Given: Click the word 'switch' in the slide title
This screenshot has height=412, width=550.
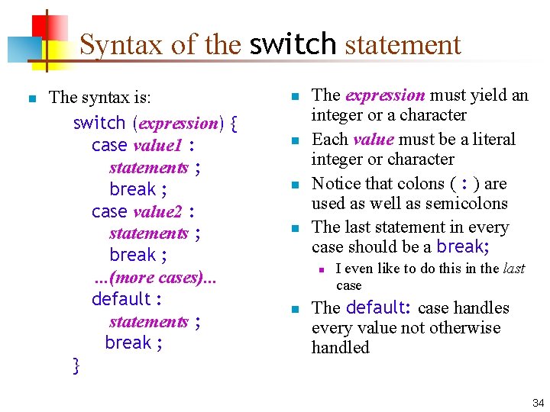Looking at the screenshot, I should point(293,44).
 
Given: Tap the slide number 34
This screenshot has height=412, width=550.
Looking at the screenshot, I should point(538,402).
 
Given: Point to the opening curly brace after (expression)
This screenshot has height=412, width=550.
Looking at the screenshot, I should point(233,124).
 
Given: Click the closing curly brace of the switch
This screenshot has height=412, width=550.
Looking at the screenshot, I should point(76,365).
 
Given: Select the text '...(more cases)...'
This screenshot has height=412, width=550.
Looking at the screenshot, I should point(155,277).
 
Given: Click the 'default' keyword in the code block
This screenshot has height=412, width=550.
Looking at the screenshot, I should point(121,299).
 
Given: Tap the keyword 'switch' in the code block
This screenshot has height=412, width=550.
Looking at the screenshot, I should point(99,123).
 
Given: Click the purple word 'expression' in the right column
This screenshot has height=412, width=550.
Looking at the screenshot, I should point(385,95).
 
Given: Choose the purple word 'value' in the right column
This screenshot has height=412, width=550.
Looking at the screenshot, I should point(373,140).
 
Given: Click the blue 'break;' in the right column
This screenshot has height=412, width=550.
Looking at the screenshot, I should point(463,246).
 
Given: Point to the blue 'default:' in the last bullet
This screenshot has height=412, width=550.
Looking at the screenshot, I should point(379,307).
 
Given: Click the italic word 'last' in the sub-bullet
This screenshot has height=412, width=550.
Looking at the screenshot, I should point(514,269).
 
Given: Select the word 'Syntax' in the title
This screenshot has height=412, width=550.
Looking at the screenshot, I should point(122,44).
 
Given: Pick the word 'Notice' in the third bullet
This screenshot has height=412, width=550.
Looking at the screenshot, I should point(337,184).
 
